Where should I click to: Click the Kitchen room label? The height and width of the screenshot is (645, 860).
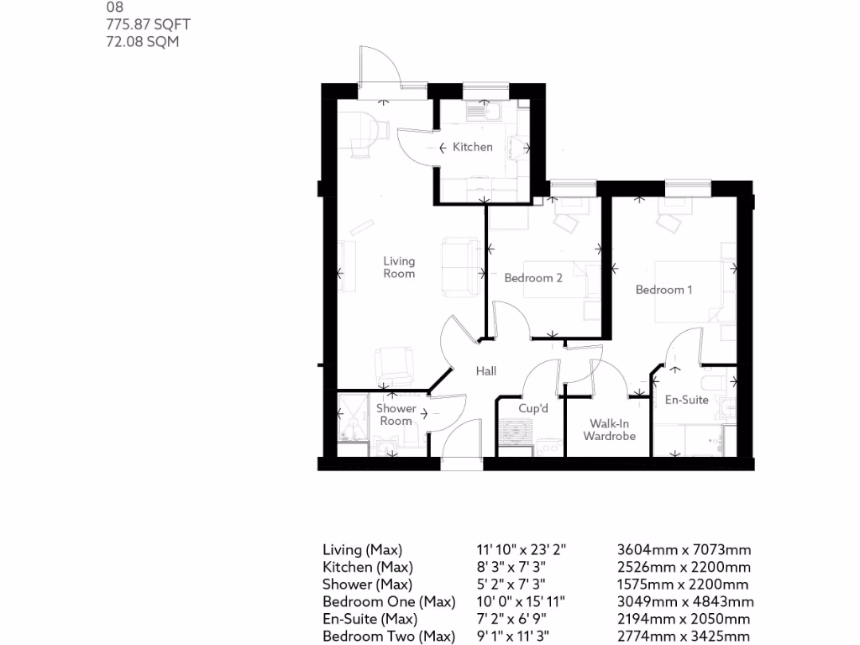pos(473,147)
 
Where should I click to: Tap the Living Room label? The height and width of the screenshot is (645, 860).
pos(399,267)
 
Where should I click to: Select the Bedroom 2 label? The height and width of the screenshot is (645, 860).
pos(533,278)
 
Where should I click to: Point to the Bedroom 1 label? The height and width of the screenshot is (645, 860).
pos(663,290)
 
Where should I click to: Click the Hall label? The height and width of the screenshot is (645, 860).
pos(486,370)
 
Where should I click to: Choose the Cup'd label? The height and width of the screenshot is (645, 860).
pos(533,408)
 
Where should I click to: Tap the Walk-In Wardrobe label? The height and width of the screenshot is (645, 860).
pos(610,430)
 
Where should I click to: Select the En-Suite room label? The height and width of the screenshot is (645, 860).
pos(687,400)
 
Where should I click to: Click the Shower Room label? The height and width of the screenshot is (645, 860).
pos(396,415)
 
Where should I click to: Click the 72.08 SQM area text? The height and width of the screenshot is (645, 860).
pos(143,41)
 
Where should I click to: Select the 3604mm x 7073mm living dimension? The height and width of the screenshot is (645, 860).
pos(684,550)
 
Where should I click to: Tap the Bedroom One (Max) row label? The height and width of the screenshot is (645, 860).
pos(389,602)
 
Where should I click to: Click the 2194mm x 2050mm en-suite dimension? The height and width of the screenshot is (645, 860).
pos(684,620)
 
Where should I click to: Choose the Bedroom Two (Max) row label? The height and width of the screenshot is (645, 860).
pos(389,637)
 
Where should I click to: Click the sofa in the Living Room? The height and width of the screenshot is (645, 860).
pos(458,266)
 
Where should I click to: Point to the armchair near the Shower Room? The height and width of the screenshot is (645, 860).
pos(393,365)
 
